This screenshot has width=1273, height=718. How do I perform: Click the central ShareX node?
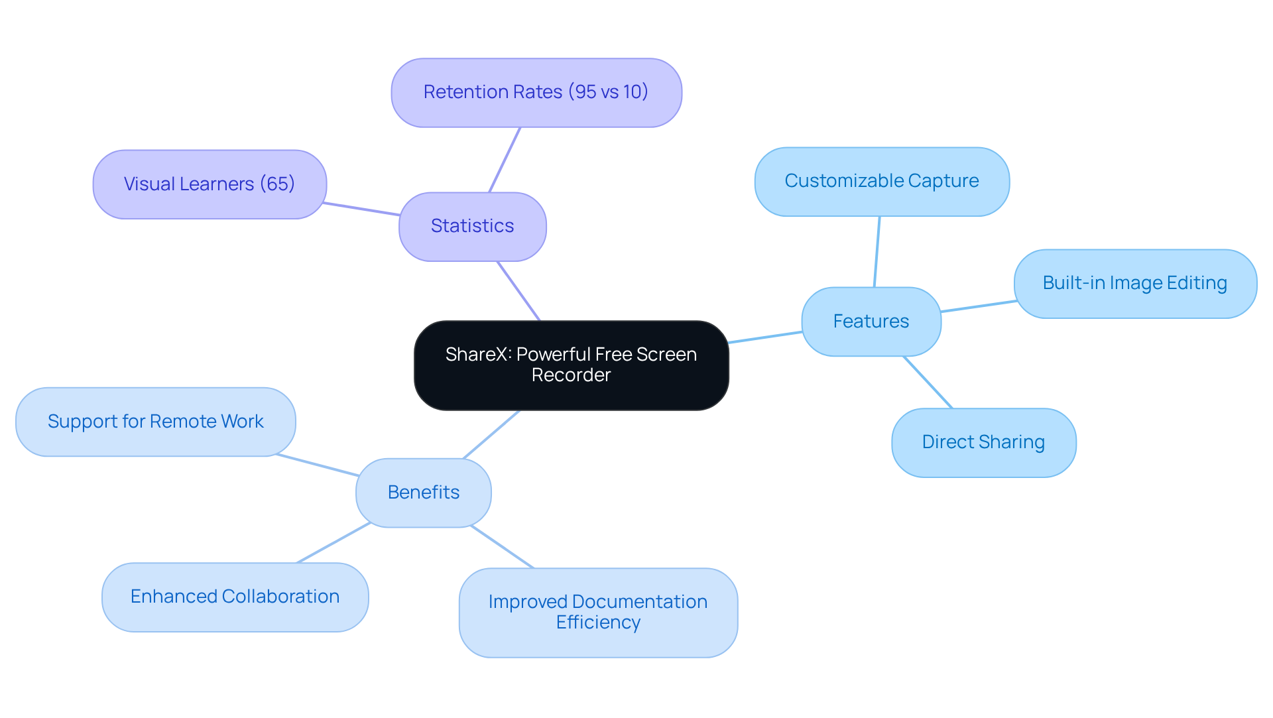pos(571,365)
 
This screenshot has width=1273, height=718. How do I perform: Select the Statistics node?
pos(472,227)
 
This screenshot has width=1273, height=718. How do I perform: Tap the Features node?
pos(871,322)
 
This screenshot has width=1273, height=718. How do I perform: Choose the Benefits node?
pos(423,493)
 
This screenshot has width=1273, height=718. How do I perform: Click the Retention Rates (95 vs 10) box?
pos(536,92)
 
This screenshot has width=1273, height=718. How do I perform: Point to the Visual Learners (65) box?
pos(209,184)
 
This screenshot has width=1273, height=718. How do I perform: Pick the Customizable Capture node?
pos(881,181)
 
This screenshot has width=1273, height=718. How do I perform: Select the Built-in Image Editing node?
pos(1134,284)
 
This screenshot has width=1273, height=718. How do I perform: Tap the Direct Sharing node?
pos(983,442)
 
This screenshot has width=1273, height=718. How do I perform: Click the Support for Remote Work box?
pos(155,422)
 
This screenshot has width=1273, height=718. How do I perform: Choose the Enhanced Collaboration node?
pos(235,597)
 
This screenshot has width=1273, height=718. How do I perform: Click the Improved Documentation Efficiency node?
pos(597,612)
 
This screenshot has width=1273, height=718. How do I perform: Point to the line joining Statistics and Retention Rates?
pos(505,160)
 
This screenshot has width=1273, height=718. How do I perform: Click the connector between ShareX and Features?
pos(765,337)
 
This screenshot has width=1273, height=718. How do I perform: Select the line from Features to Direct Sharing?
pos(928,382)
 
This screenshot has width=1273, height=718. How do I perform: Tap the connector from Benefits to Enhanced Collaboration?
pos(333,543)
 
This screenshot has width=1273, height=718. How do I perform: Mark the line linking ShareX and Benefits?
pos(491,434)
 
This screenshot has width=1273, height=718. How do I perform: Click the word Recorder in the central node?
pos(571,375)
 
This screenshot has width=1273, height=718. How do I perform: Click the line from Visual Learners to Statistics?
pos(361,209)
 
